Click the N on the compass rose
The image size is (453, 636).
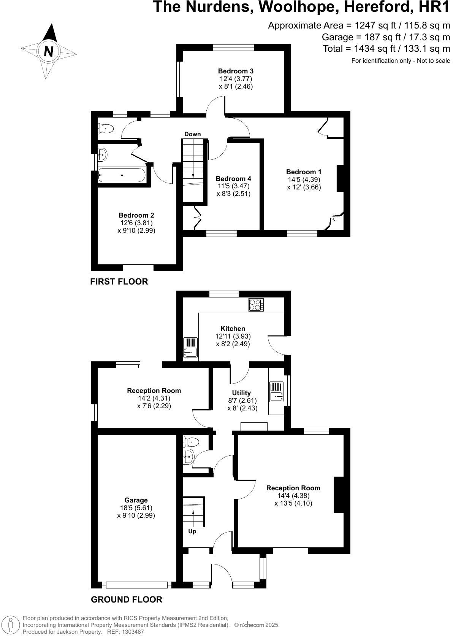tap(48, 51)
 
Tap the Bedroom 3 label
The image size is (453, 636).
tap(236, 71)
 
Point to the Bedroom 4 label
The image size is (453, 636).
tap(233, 179)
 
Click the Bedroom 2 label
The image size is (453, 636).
tap(136, 215)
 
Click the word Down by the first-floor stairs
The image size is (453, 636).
tap(192, 134)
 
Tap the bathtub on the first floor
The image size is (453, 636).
tap(121, 175)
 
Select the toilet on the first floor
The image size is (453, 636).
tap(106, 129)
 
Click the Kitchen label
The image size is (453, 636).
tap(233, 329)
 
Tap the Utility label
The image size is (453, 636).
tap(241, 393)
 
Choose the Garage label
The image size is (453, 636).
tap(136, 500)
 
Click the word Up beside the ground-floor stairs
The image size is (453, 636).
tap(192, 531)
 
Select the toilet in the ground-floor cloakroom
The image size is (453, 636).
tap(191, 442)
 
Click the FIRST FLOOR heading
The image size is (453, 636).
tap(119, 281)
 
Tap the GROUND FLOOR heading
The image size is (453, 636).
tap(127, 599)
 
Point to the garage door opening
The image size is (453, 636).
tap(137, 585)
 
